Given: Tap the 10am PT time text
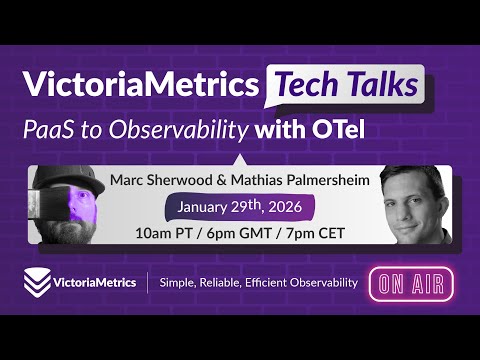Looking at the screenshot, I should (x=163, y=234).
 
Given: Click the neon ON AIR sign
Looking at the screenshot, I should (x=410, y=282).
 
